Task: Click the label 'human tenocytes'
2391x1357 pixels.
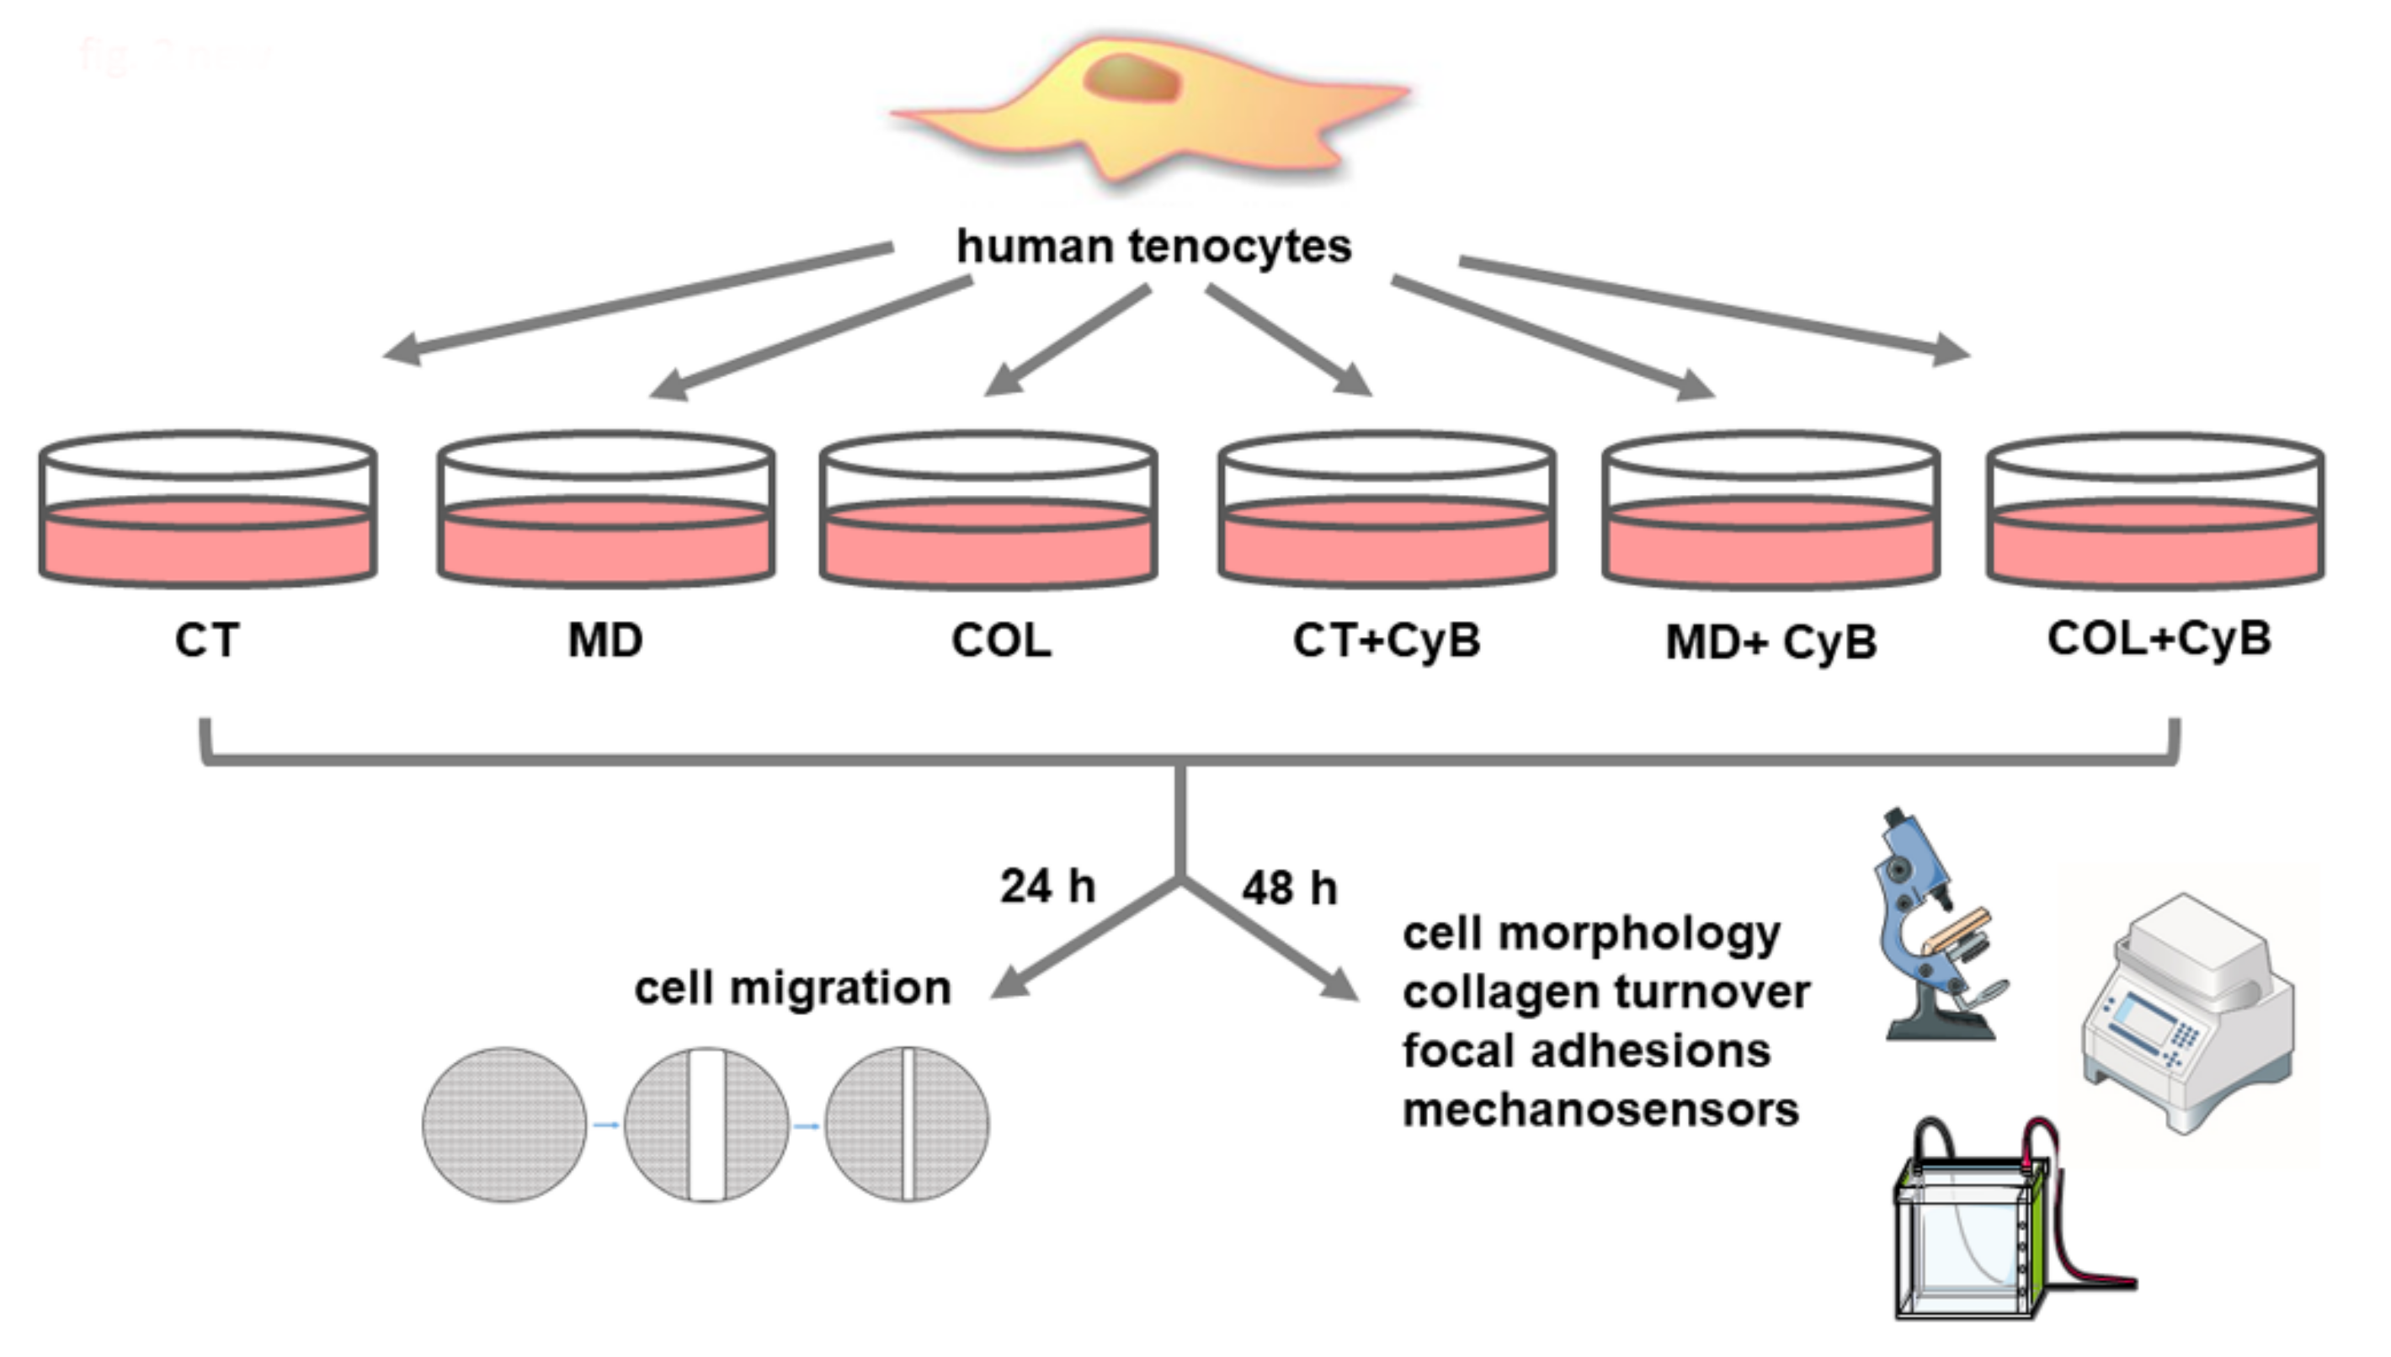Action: click(x=1153, y=247)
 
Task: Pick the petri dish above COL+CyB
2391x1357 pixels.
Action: click(x=2155, y=512)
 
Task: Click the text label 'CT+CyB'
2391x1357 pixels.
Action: click(x=1386, y=641)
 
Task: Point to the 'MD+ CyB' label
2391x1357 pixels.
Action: click(x=1771, y=643)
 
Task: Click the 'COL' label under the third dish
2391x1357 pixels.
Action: click(x=1001, y=641)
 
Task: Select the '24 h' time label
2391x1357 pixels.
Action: click(x=1047, y=886)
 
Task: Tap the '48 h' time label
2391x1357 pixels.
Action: click(x=1289, y=888)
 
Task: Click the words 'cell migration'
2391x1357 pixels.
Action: click(x=792, y=988)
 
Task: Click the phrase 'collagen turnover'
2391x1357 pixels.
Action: click(x=1606, y=992)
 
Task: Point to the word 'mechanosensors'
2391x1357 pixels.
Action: click(x=1600, y=1110)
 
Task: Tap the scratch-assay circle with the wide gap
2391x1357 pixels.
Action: click(x=706, y=1125)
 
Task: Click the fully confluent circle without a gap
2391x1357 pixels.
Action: click(x=504, y=1125)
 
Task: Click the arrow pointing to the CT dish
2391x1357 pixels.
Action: click(x=634, y=300)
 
